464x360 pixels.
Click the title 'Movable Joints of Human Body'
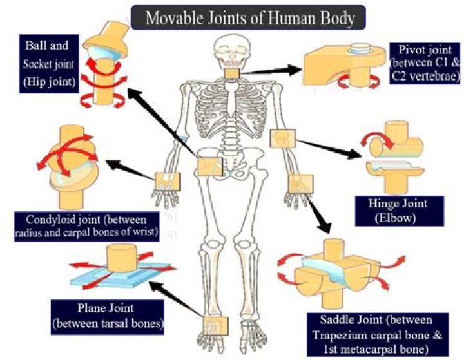point(250,17)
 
